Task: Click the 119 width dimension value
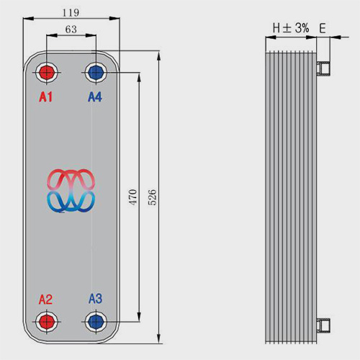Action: point(71,12)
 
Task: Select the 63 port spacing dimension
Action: point(71,30)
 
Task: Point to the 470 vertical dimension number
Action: point(132,197)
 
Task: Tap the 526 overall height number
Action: point(152,197)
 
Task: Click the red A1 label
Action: point(45,97)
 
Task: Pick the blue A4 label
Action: point(95,97)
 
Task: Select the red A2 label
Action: point(45,300)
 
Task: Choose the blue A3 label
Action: point(96,299)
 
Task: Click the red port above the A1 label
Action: point(47,72)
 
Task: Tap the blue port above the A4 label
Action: point(96,72)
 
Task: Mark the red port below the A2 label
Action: point(47,322)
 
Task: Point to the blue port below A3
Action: point(96,322)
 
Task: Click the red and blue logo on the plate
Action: point(71,191)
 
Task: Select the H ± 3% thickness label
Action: point(291,28)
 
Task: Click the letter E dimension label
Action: point(323,29)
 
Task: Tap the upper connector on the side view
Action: point(323,68)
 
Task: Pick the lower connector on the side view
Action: point(323,325)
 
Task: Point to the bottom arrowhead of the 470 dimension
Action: point(139,316)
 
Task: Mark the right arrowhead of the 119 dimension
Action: point(114,18)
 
